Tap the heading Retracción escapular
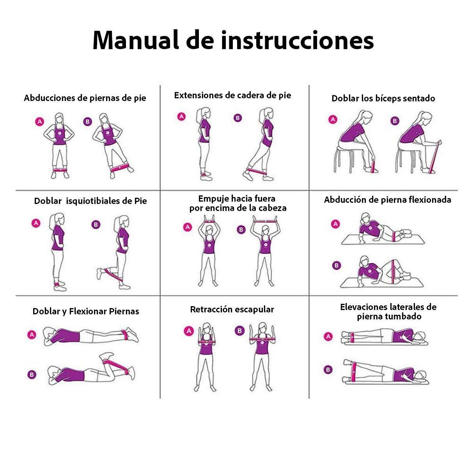pyautogui.click(x=232, y=310)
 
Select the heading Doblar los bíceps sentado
pyautogui.click(x=383, y=98)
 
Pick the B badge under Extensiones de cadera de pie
pyautogui.click(x=238, y=118)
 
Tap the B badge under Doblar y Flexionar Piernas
pyautogui.click(x=32, y=375)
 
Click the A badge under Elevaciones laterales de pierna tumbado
pyautogui.click(x=329, y=337)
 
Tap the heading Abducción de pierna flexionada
pyautogui.click(x=387, y=200)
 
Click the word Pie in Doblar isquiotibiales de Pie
pyautogui.click(x=140, y=201)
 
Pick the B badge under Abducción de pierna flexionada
pyautogui.click(x=336, y=266)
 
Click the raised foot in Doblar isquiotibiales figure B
pyautogui.click(x=100, y=273)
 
